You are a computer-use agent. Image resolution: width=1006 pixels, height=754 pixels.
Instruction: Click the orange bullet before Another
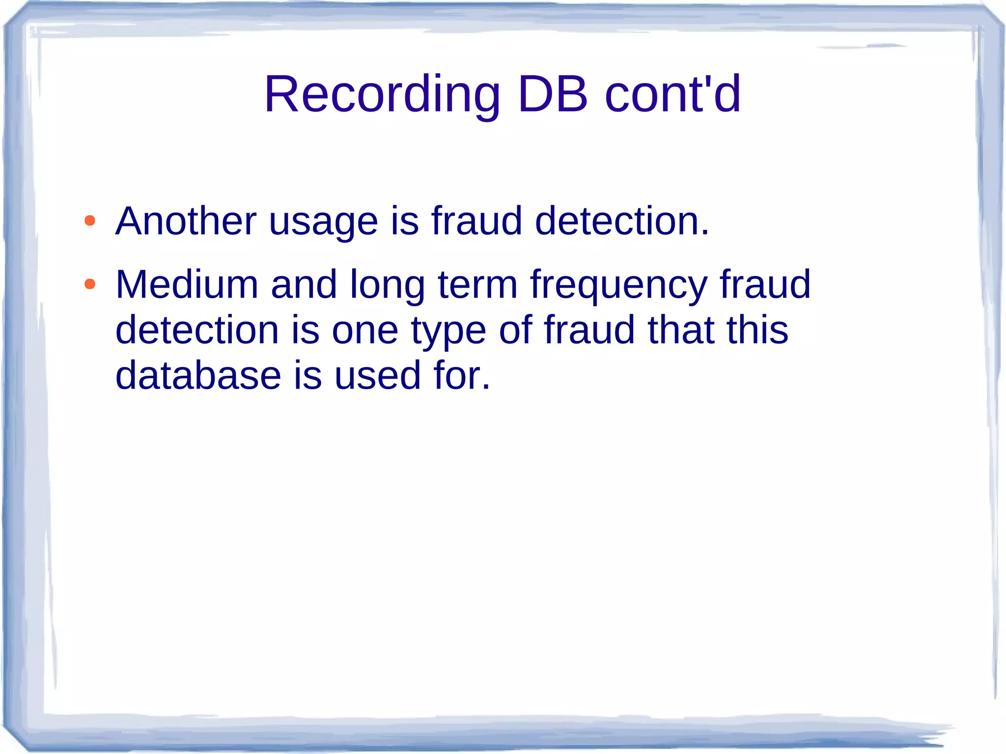(90, 221)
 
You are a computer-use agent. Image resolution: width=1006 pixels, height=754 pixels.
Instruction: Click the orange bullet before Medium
(90, 284)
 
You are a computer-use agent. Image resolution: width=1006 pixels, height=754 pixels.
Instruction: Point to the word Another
(186, 221)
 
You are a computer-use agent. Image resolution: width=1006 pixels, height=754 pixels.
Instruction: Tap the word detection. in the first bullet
(622, 221)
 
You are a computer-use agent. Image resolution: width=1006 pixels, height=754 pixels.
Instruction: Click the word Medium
(187, 284)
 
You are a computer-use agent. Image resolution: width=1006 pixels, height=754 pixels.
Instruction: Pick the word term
(477, 285)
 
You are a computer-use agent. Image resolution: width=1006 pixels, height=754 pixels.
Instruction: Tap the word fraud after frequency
(765, 284)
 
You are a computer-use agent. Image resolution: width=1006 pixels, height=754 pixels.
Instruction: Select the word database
(198, 376)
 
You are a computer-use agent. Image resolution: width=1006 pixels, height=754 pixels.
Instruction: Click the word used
(377, 376)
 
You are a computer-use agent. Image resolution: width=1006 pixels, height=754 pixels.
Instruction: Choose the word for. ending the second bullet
(462, 376)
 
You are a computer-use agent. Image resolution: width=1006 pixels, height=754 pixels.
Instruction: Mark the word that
(681, 330)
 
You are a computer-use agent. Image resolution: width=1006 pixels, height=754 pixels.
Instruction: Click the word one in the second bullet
(365, 331)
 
